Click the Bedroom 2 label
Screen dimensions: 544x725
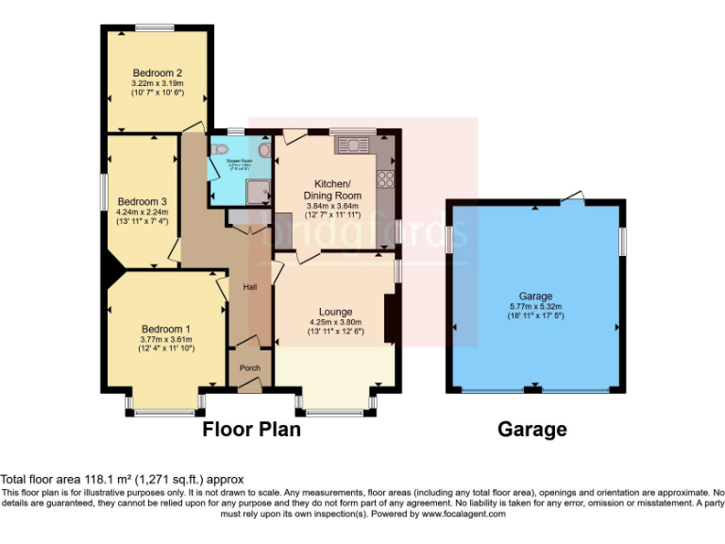click(157, 73)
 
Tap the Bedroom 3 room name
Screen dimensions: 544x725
click(142, 201)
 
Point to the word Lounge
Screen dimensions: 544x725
click(335, 312)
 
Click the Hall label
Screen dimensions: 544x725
click(250, 287)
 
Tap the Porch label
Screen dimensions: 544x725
click(249, 367)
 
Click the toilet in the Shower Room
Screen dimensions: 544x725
click(220, 149)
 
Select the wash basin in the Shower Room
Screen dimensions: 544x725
click(263, 151)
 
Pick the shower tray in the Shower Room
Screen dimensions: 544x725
click(254, 192)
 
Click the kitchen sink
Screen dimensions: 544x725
click(357, 144)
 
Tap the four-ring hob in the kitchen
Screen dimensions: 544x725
click(385, 176)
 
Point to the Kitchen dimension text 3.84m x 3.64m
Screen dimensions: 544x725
click(332, 206)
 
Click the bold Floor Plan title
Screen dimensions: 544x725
click(252, 430)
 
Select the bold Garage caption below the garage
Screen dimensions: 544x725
click(532, 430)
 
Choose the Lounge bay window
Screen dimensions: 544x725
click(335, 412)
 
